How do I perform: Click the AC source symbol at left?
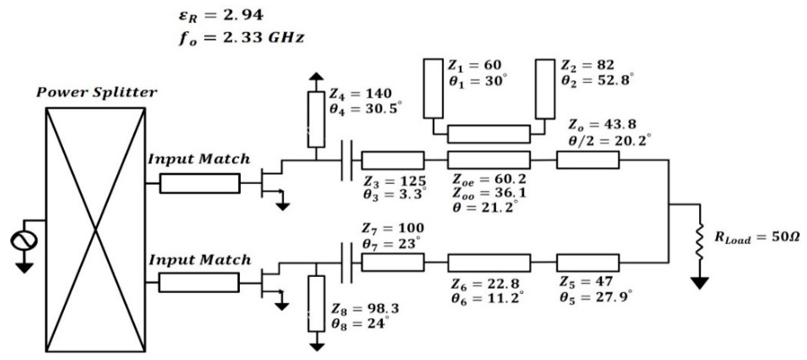click(x=24, y=241)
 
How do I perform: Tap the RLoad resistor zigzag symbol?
click(x=700, y=241)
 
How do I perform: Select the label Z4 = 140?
click(x=360, y=93)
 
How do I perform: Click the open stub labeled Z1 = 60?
click(x=433, y=89)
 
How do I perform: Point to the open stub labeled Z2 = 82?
click(x=545, y=89)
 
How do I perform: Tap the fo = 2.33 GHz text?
click(x=241, y=38)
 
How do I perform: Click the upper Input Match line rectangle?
click(x=200, y=183)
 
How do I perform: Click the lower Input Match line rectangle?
click(x=199, y=282)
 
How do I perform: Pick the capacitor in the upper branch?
click(x=347, y=160)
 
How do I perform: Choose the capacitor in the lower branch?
click(x=347, y=263)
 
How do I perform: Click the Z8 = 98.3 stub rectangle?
click(x=316, y=303)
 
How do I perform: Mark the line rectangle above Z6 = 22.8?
click(x=489, y=263)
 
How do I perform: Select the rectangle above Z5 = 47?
click(x=588, y=263)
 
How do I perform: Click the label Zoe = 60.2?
click(x=489, y=179)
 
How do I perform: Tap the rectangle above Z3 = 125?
click(x=393, y=160)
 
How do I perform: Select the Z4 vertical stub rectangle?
click(x=316, y=119)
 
